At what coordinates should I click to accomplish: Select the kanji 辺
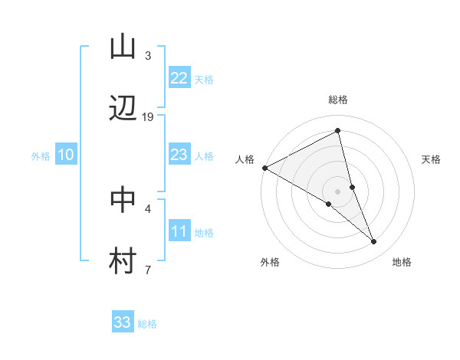tap(123, 109)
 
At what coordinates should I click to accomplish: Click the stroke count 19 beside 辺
tap(148, 116)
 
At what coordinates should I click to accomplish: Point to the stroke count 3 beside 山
tap(148, 56)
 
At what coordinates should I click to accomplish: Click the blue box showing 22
tap(179, 77)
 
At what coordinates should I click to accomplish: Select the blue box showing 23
tap(179, 155)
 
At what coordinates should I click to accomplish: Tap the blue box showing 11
tap(179, 231)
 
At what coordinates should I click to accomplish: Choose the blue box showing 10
tap(66, 155)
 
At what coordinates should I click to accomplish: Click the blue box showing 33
tap(123, 322)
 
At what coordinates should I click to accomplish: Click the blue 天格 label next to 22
tap(203, 80)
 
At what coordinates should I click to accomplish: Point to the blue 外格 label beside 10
tap(41, 156)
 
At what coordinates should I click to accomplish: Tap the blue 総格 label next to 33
tap(147, 324)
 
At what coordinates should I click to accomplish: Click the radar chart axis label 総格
tap(338, 100)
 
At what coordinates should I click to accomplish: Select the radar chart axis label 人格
tap(245, 159)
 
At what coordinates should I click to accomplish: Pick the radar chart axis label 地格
tap(402, 263)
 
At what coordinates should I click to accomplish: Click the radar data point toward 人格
tap(264, 168)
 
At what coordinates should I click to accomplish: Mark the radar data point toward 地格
tap(374, 241)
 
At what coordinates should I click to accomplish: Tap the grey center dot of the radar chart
tap(338, 191)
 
